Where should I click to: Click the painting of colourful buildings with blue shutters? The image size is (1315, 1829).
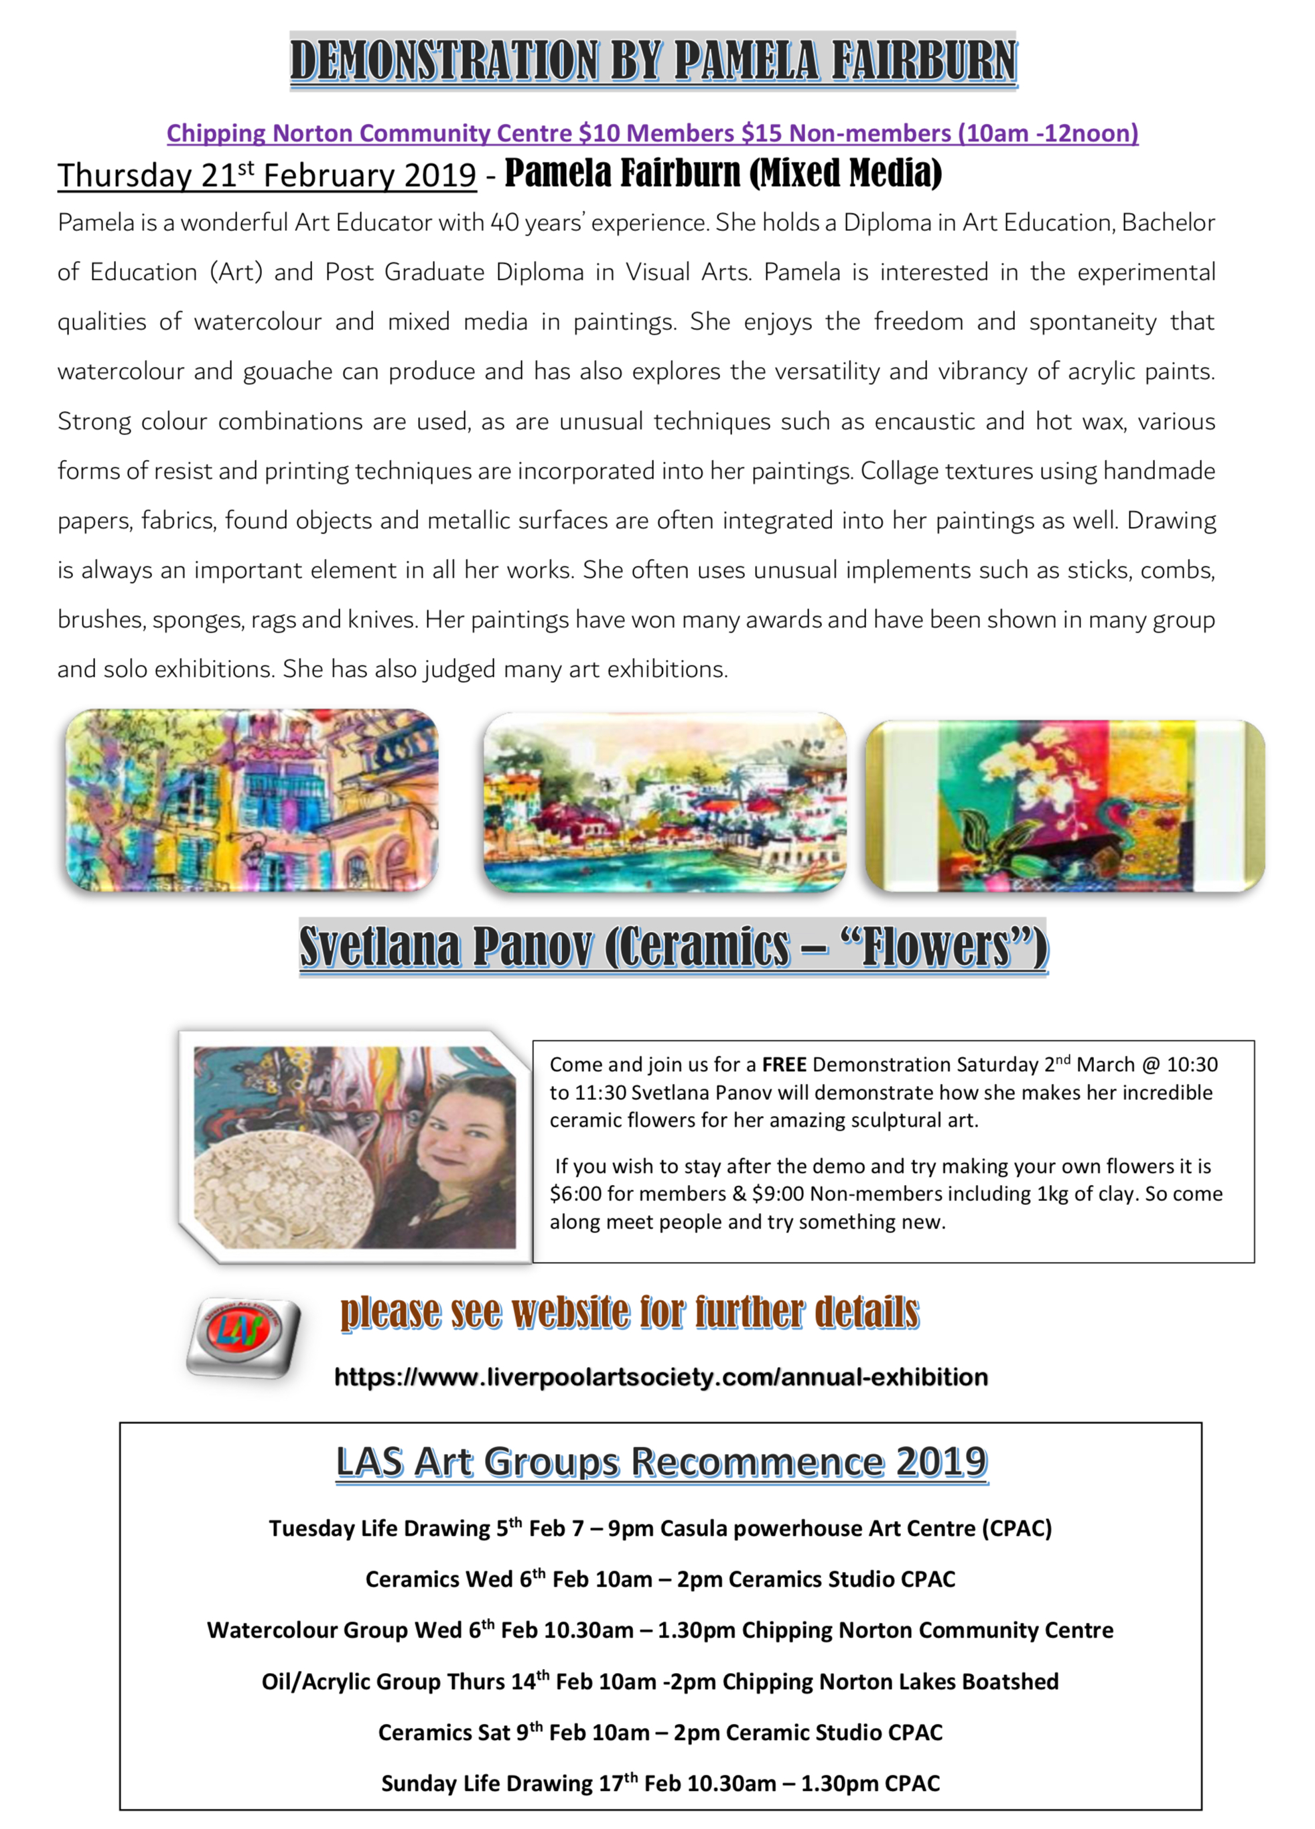click(252, 800)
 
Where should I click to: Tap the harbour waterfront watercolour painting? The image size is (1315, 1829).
click(665, 803)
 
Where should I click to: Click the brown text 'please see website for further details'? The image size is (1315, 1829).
click(629, 1313)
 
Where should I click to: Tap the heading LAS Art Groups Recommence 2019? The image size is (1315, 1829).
click(662, 1462)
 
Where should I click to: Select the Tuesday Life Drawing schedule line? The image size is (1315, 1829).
click(660, 1529)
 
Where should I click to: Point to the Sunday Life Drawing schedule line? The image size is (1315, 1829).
click(660, 1783)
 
